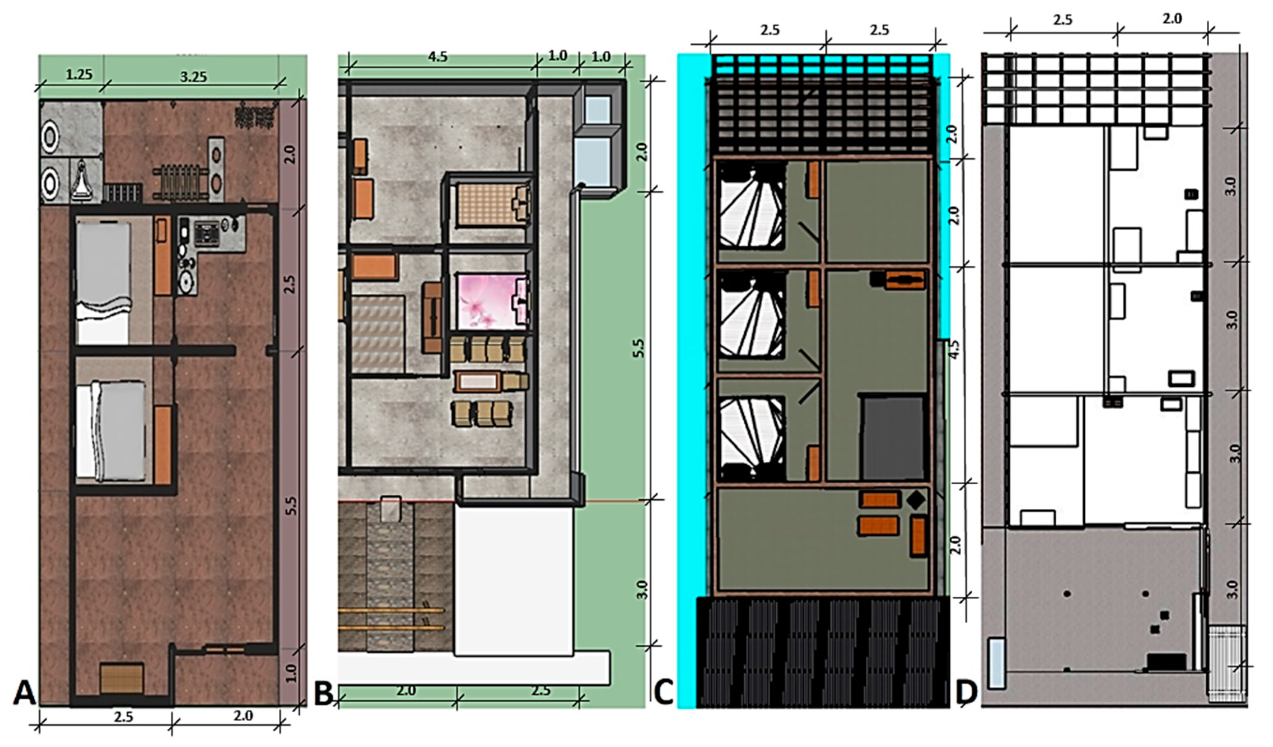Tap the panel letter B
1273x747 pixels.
coord(324,692)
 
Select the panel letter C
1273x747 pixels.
coord(663,692)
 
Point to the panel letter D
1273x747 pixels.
coord(966,692)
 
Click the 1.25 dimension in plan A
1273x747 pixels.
coord(79,75)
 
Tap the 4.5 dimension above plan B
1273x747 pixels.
coord(437,57)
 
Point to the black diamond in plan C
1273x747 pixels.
coord(916,500)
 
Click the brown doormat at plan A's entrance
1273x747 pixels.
coord(122,679)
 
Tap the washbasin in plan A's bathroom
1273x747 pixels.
coord(81,180)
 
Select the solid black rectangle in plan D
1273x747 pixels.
coord(1166,661)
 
